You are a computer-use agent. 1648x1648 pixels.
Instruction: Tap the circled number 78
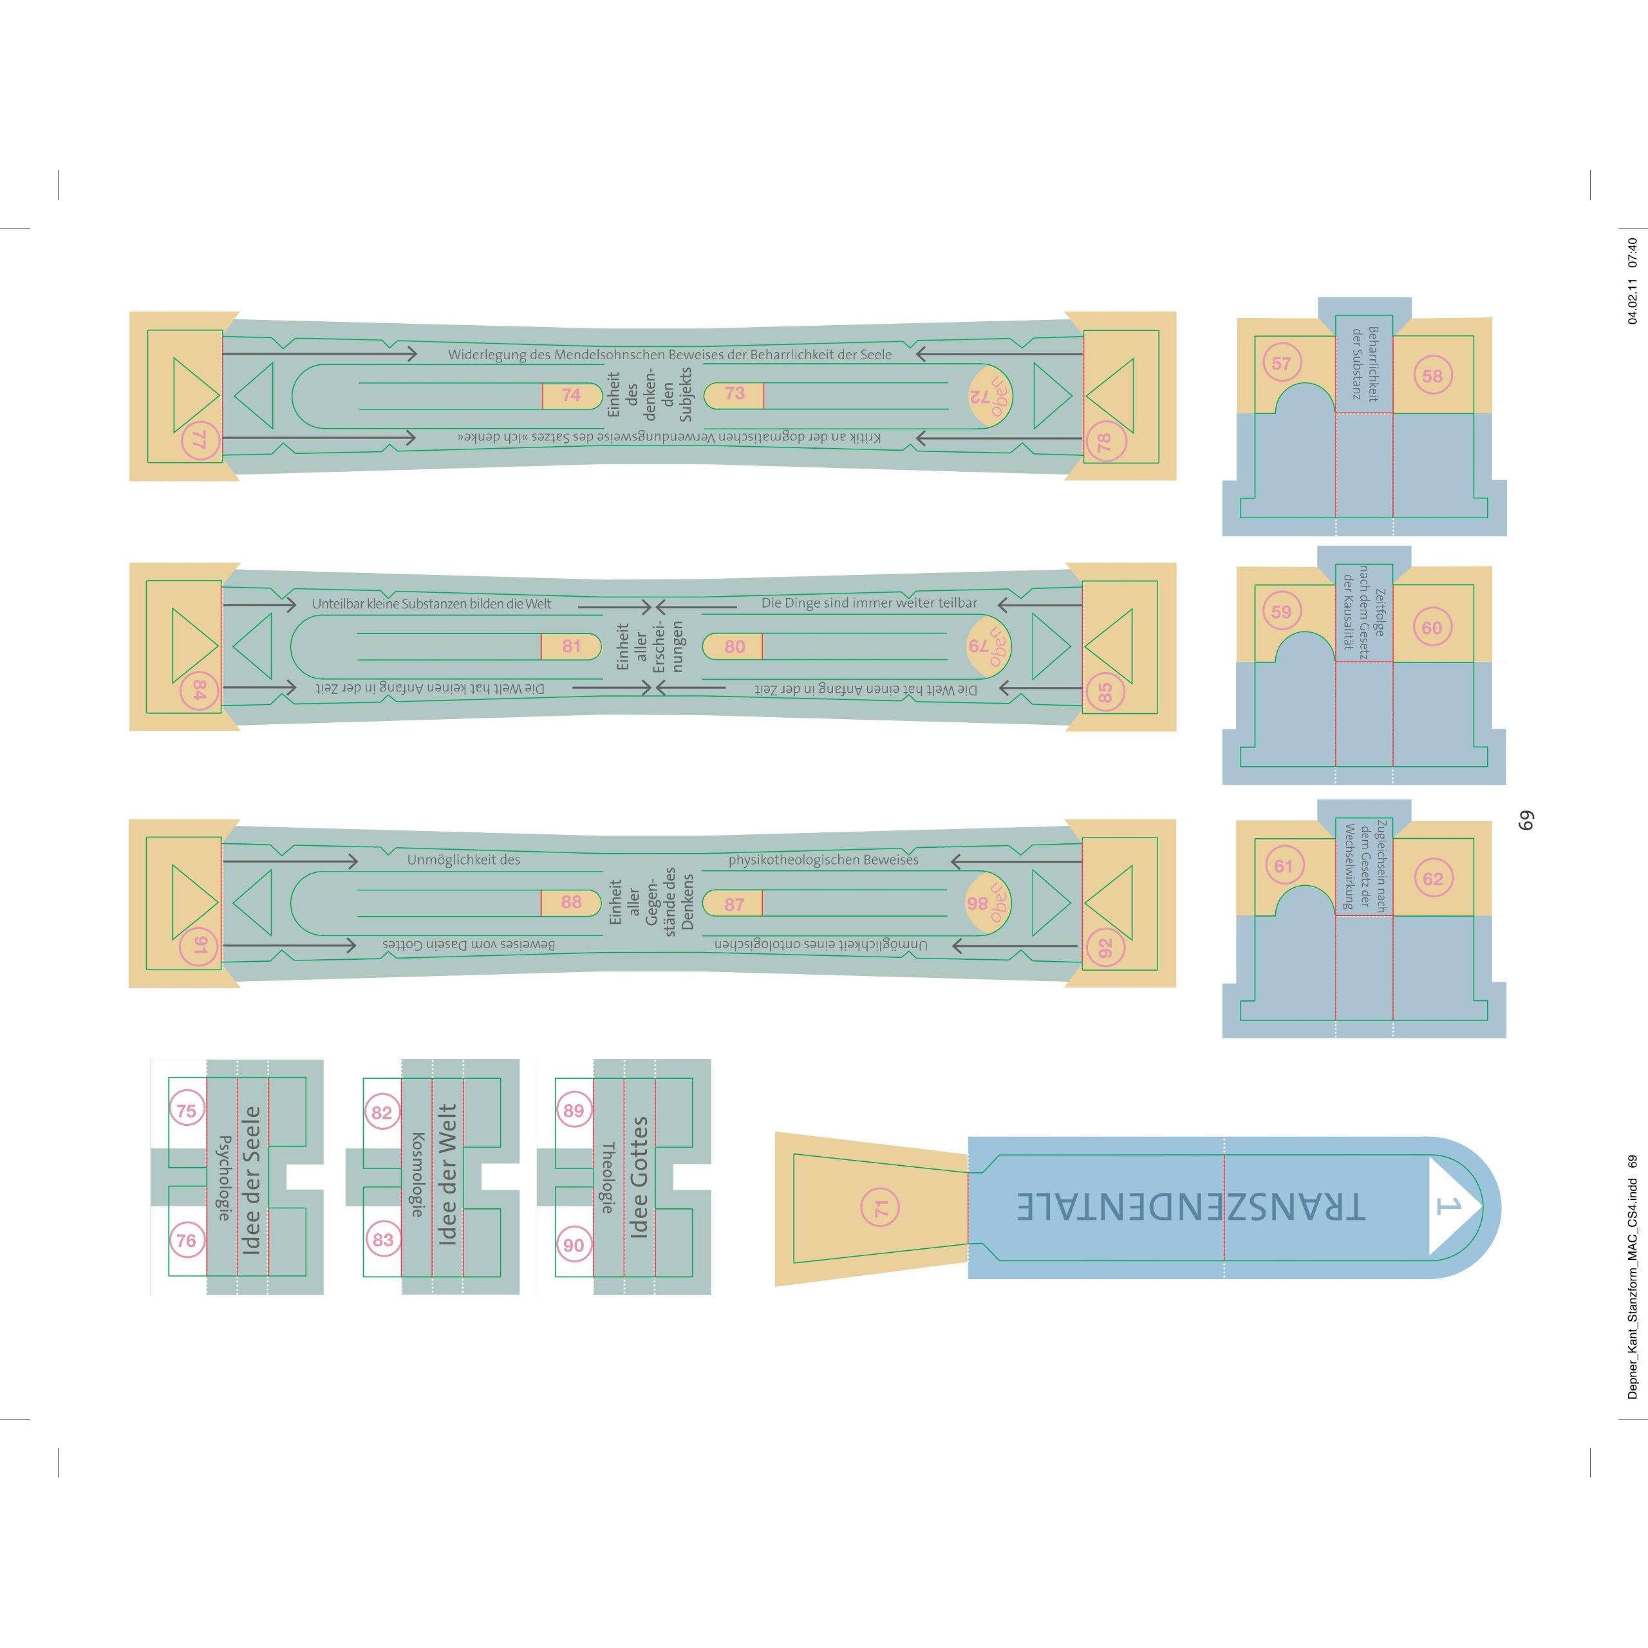[x=1105, y=442]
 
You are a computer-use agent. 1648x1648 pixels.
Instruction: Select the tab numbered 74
[x=570, y=395]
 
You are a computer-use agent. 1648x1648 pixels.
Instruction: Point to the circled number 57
[x=1281, y=363]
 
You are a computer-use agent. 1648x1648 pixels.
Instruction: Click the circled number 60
[x=1431, y=628]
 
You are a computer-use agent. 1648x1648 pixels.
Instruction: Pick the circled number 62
[x=1432, y=879]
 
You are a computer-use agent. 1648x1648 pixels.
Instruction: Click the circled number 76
[x=186, y=1241]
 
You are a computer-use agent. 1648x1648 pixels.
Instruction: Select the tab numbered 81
[x=570, y=646]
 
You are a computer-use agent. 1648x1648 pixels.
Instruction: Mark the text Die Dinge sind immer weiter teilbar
[x=869, y=603]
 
